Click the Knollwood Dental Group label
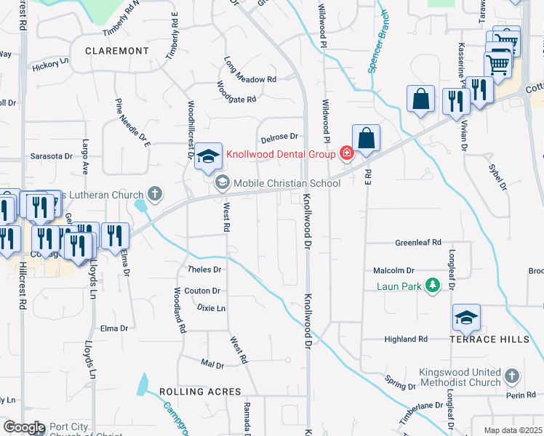[280, 154]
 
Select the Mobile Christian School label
[287, 183]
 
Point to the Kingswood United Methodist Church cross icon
[512, 376]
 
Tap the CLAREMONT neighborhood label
[116, 51]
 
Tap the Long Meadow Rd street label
[250, 70]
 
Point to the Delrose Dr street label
[279, 136]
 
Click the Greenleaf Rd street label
[418, 243]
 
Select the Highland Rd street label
[406, 339]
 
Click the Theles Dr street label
[204, 269]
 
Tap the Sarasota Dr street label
[51, 156]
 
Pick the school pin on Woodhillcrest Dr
[208, 156]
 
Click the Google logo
[24, 427]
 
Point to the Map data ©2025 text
[513, 430]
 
